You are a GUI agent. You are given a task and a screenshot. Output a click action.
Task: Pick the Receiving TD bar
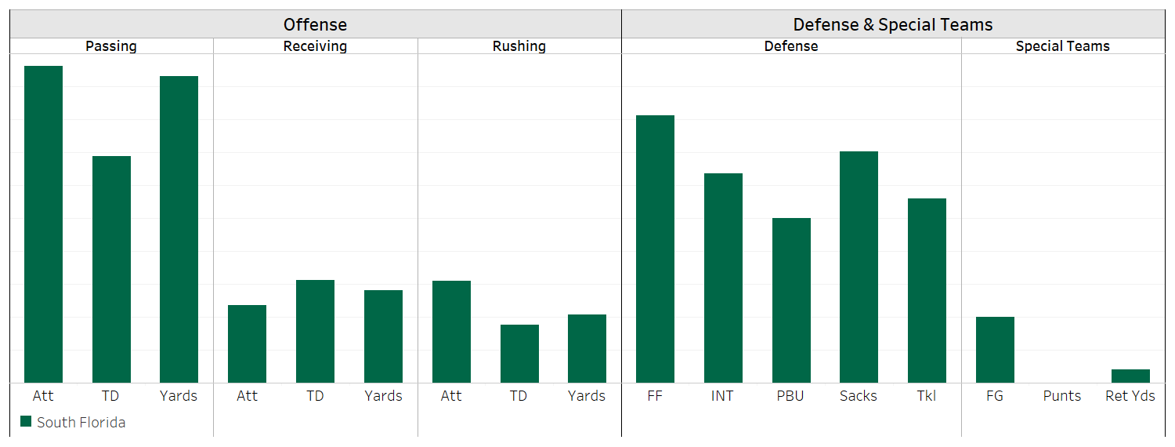click(315, 331)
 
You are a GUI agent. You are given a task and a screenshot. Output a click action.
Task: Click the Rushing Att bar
click(451, 332)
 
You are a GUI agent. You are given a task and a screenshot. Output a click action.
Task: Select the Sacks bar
click(859, 267)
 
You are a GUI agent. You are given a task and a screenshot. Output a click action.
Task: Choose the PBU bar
click(791, 300)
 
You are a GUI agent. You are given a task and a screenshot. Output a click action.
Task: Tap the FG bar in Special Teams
click(995, 350)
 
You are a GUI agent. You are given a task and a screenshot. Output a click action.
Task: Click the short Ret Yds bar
click(1130, 376)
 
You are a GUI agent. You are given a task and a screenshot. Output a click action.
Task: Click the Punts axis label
click(1062, 396)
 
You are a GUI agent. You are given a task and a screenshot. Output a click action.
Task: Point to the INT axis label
click(722, 396)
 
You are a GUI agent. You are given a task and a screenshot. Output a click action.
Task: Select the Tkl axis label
click(927, 396)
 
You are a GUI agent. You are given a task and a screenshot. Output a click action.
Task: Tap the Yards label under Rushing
click(587, 396)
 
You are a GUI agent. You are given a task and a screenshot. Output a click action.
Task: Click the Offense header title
click(315, 25)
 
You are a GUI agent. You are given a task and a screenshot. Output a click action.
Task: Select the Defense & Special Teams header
click(893, 25)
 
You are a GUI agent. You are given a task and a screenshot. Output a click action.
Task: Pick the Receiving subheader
click(315, 46)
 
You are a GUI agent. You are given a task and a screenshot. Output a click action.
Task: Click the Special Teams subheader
click(1062, 46)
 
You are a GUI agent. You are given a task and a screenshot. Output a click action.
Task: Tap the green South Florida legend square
click(26, 422)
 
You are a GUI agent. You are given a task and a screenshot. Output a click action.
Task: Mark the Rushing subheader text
click(519, 46)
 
